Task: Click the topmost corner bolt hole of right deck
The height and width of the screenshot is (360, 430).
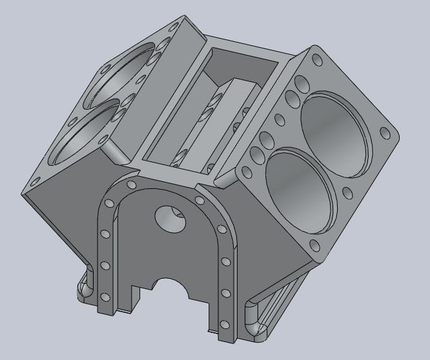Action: click(x=316, y=59)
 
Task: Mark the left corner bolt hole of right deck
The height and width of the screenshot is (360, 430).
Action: click(x=246, y=171)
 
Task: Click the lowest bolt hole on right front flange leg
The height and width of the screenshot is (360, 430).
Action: click(x=224, y=325)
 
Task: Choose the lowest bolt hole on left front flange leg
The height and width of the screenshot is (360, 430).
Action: click(x=104, y=297)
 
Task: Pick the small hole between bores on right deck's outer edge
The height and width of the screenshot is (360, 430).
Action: click(x=347, y=192)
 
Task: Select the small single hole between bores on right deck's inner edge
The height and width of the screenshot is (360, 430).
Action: click(x=279, y=119)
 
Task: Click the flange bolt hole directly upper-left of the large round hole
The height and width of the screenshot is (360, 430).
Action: click(x=132, y=185)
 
